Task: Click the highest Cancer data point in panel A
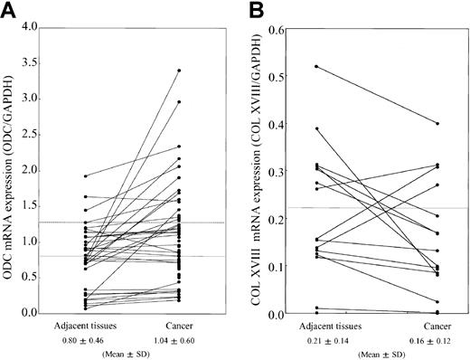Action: pos(179,70)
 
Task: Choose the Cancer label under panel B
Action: pos(412,324)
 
